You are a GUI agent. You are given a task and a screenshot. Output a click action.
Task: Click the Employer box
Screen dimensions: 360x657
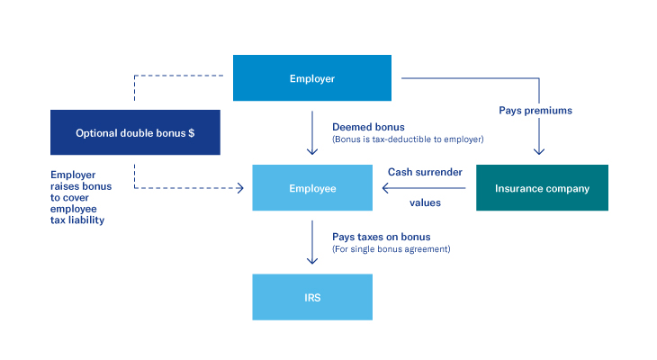coord(312,78)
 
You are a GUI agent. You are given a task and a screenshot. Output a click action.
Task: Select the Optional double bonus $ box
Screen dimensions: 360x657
coord(135,132)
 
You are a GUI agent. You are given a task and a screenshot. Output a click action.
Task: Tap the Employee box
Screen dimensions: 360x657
coord(312,188)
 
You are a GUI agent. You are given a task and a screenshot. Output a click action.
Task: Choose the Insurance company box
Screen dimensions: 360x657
coord(542,188)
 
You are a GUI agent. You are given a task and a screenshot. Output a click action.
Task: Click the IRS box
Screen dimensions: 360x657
coord(312,297)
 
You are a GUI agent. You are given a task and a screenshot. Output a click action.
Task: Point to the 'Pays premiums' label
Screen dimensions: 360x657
coord(535,111)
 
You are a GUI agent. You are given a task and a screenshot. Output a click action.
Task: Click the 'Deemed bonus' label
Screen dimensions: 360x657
coord(362,127)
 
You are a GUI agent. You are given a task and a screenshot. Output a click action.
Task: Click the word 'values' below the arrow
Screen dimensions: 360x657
coord(425,202)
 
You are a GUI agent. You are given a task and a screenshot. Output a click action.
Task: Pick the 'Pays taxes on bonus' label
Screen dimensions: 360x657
coord(381,237)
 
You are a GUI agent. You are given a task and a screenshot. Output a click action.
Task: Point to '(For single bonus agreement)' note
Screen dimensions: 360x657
coord(391,248)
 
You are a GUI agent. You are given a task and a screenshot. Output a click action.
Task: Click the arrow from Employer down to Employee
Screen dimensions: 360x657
coord(312,132)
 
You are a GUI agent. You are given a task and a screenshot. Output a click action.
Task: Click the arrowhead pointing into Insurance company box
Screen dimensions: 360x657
coord(538,150)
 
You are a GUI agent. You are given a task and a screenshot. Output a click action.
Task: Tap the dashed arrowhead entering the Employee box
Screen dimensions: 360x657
coord(240,188)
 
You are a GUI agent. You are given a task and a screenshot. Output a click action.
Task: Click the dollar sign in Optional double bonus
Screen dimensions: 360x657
coord(190,132)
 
